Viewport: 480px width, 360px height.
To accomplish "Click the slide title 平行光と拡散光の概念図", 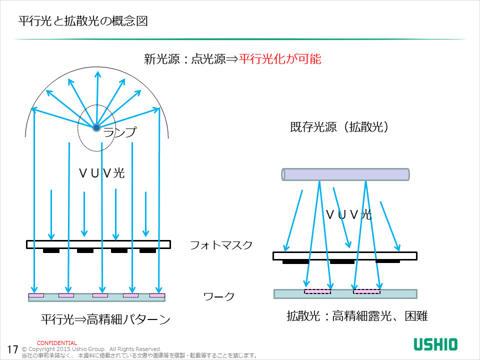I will pyautogui.click(x=82, y=22).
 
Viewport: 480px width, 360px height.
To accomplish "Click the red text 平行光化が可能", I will pyautogui.click(x=280, y=59).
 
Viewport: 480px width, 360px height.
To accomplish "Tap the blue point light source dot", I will pyautogui.click(x=96, y=128).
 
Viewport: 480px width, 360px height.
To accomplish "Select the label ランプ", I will pyautogui.click(x=119, y=132).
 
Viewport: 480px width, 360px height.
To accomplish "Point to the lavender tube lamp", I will pyautogui.click(x=345, y=174).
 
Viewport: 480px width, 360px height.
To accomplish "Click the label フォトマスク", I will pyautogui.click(x=221, y=245).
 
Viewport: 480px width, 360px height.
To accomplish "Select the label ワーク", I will pyautogui.click(x=218, y=296).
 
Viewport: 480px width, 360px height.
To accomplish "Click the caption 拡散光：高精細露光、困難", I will pyautogui.click(x=357, y=316).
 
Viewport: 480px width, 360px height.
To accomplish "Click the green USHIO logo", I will pyautogui.click(x=435, y=344).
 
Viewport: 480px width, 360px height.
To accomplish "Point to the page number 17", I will pyautogui.click(x=13, y=348).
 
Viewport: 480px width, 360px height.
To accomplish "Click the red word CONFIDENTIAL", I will pyautogui.click(x=57, y=343).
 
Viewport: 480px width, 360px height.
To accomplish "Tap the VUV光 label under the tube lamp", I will pyautogui.click(x=348, y=214).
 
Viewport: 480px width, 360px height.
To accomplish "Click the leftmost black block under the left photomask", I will pyautogui.click(x=51, y=250).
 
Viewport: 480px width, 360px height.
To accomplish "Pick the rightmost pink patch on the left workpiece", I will pyautogui.click(x=157, y=295).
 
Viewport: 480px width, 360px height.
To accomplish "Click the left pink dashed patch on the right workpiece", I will pyautogui.click(x=317, y=291).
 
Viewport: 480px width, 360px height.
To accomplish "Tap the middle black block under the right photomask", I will pyautogui.click(x=342, y=261).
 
